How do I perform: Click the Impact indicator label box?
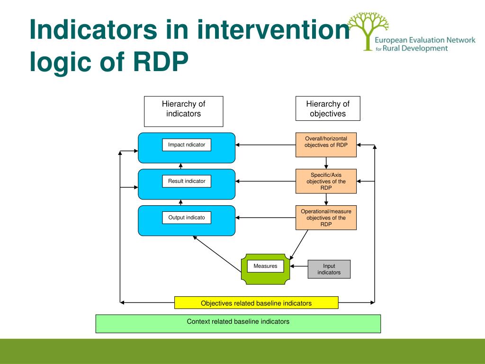click(x=187, y=145)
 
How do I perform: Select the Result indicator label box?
click(x=187, y=181)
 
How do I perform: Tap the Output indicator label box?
click(x=187, y=218)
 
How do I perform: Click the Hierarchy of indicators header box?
click(x=183, y=111)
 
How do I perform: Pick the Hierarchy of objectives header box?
click(x=328, y=109)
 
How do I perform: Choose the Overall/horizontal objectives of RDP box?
click(x=326, y=145)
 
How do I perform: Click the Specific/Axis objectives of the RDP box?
click(x=326, y=181)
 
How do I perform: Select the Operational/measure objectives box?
click(x=326, y=218)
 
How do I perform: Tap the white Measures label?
click(x=265, y=266)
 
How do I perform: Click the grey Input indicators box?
click(x=329, y=269)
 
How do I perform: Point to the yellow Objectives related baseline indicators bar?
click(x=256, y=303)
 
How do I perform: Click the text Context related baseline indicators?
click(x=238, y=322)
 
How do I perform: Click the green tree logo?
click(x=368, y=31)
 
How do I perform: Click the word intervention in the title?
click(x=274, y=29)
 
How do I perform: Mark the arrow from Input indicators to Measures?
click(x=299, y=266)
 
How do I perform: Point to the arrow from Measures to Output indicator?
click(x=217, y=254)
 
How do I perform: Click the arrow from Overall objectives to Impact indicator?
click(x=265, y=145)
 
